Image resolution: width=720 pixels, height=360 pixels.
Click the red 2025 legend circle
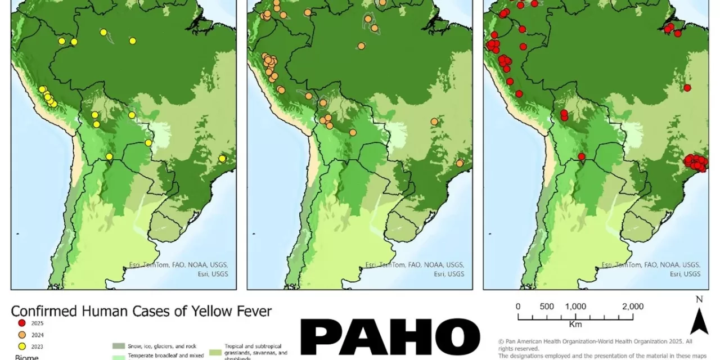[22, 323]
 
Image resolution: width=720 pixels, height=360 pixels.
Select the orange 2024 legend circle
[22, 335]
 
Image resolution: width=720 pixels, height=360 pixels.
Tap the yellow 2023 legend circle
[22, 346]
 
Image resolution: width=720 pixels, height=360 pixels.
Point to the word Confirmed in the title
[42, 311]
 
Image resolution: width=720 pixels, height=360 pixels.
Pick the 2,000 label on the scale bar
[633, 307]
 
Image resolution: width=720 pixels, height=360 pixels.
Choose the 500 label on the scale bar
[547, 307]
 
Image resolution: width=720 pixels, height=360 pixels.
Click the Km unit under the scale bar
[575, 325]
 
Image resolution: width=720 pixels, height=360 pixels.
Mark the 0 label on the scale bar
[518, 307]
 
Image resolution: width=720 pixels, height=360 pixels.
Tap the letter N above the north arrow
[699, 299]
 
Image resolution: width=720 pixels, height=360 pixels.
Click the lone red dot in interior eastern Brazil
[687, 87]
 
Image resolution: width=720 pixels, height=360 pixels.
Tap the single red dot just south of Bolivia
[582, 156]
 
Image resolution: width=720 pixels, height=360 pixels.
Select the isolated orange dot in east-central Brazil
[434, 121]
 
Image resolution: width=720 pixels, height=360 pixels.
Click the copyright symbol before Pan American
[501, 341]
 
